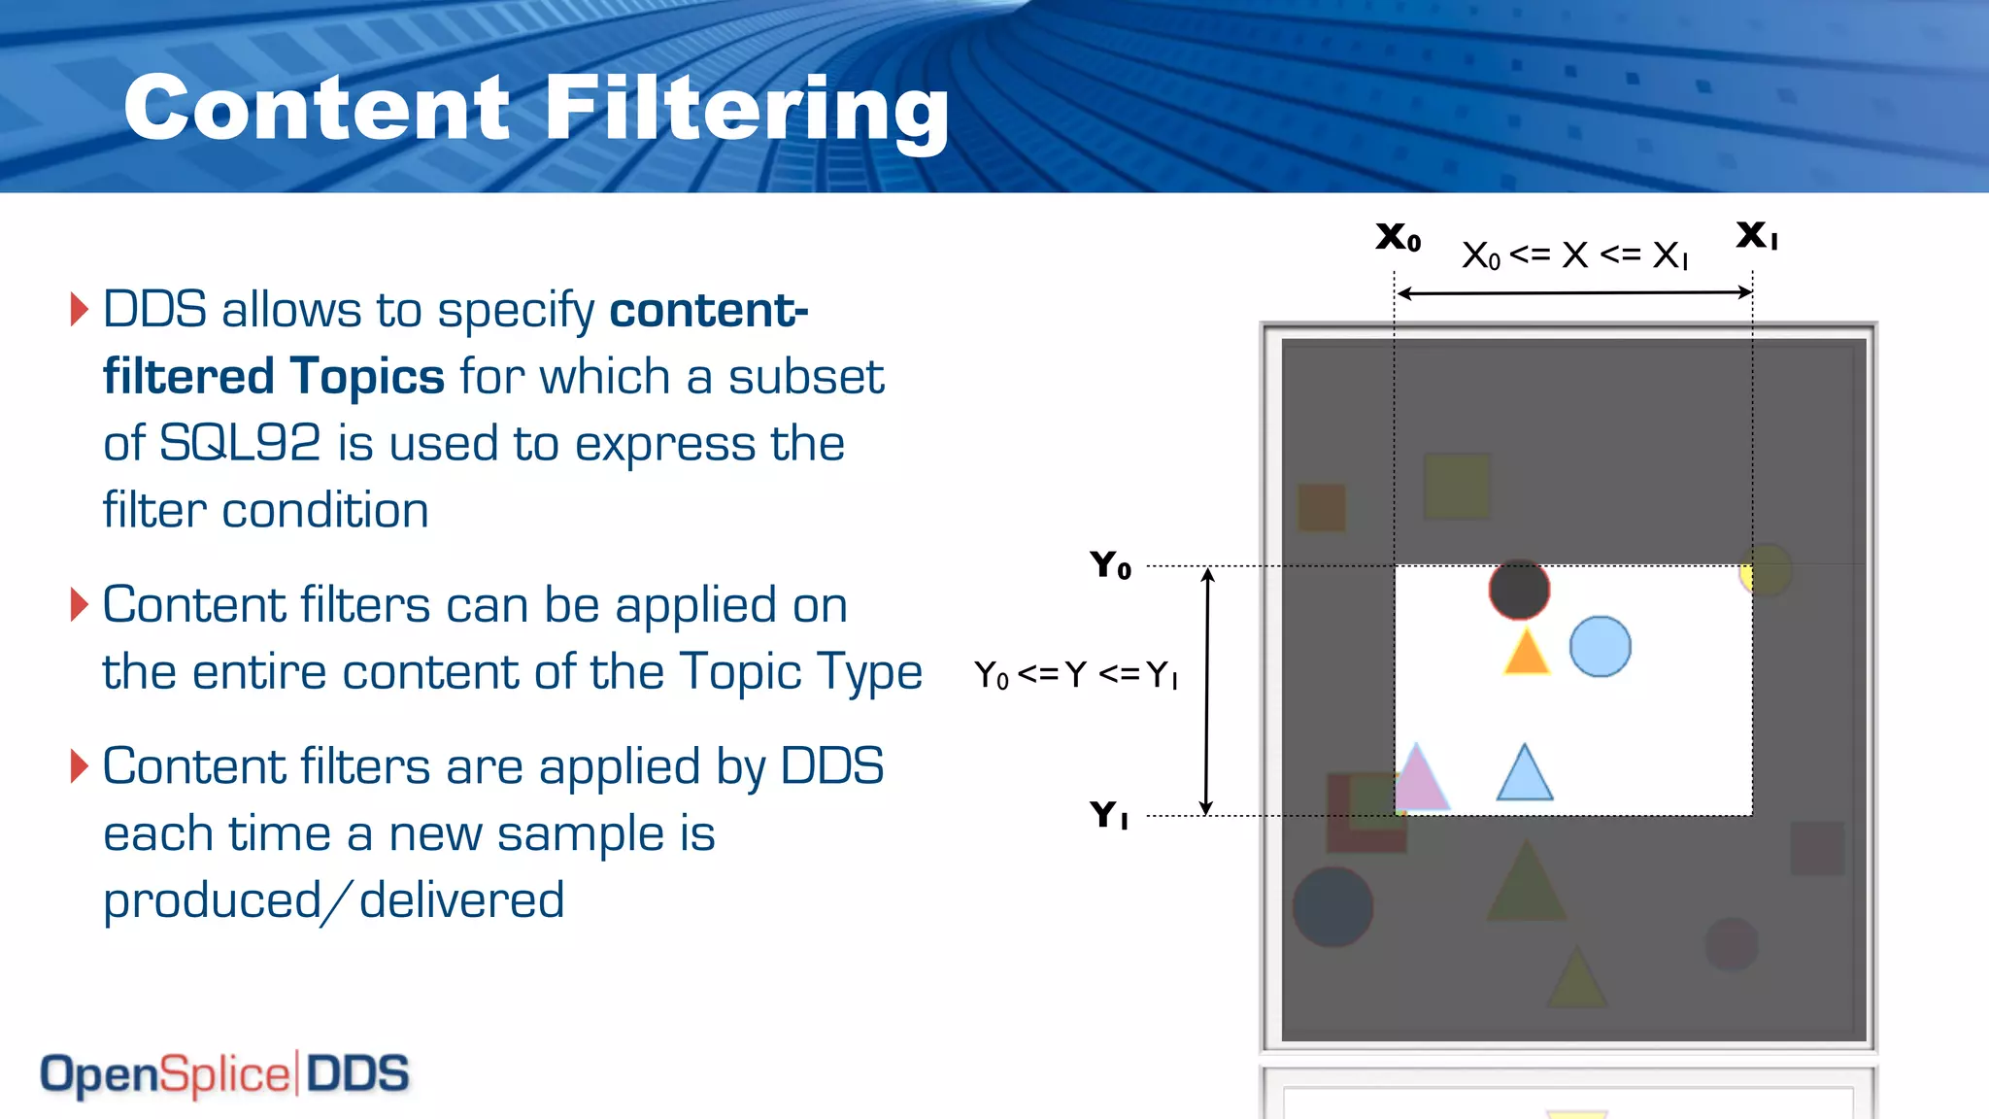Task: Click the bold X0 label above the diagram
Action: tap(1399, 237)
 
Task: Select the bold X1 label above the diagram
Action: tap(1757, 235)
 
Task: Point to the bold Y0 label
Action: tap(1110, 564)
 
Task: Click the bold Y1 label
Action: tap(1109, 814)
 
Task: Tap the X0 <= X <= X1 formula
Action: tap(1574, 255)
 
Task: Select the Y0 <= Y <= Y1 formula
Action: tap(1076, 674)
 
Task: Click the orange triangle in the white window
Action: tap(1526, 652)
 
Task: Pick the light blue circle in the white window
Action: tap(1600, 647)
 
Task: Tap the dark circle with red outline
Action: tap(1519, 590)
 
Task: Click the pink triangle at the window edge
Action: tap(1418, 779)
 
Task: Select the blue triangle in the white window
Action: tap(1525, 775)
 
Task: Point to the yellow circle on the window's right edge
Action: tap(1764, 571)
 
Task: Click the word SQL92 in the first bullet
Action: tap(240, 444)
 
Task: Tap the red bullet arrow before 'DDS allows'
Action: tap(80, 309)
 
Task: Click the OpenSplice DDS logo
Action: tap(224, 1074)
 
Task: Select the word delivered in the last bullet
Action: tap(461, 899)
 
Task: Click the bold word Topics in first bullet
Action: tap(367, 377)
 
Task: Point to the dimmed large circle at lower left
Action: tap(1332, 907)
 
